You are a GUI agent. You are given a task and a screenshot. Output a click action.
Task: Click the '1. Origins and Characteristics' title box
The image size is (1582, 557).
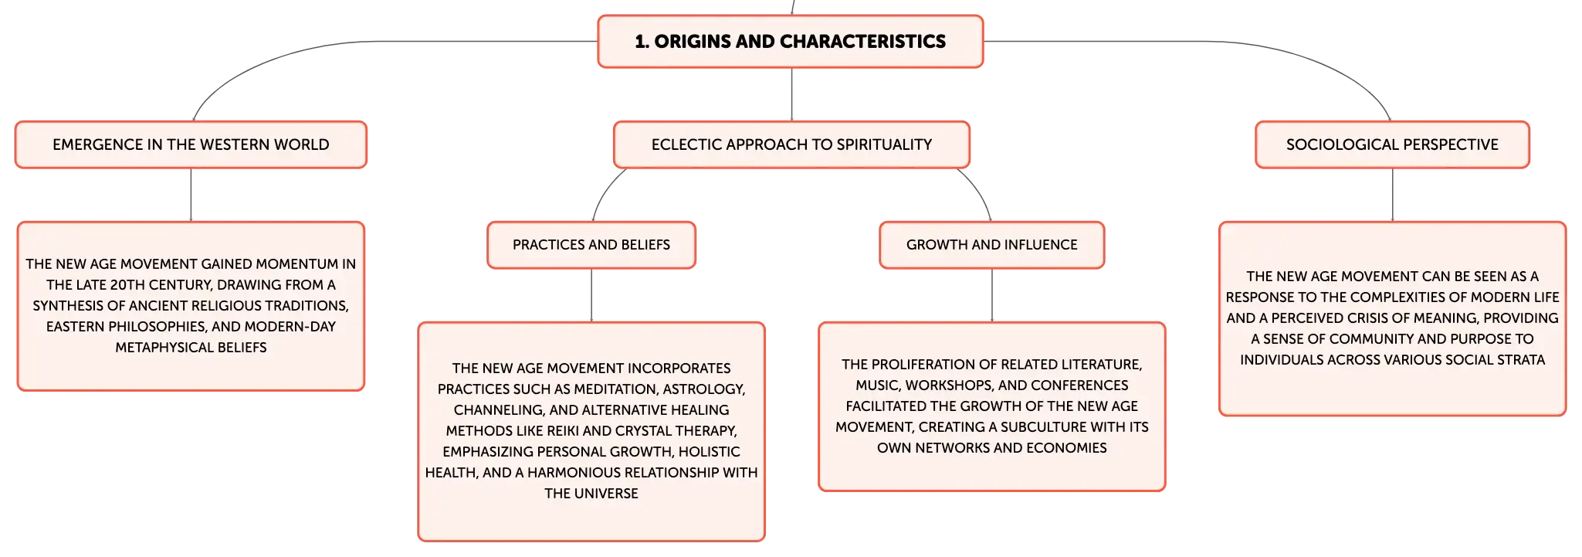(x=791, y=42)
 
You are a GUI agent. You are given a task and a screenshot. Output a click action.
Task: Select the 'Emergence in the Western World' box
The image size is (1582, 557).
(x=191, y=144)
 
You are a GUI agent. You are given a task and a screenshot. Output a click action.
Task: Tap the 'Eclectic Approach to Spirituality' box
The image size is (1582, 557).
(x=791, y=144)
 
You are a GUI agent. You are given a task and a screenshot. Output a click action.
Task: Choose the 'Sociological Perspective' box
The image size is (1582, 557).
(x=1392, y=144)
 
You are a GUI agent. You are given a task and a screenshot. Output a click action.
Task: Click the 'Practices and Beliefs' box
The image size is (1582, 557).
(x=591, y=245)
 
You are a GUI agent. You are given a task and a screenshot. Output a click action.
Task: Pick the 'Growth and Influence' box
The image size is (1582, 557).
(x=992, y=245)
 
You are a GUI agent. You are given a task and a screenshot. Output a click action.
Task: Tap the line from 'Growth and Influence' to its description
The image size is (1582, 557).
(x=992, y=295)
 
